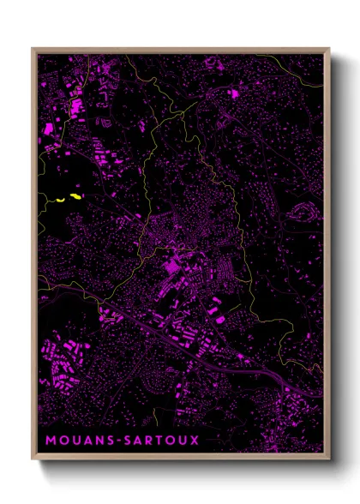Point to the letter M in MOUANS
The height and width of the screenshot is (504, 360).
click(x=50, y=441)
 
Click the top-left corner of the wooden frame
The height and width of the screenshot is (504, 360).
click(x=33, y=49)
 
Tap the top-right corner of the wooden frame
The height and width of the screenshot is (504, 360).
click(x=328, y=49)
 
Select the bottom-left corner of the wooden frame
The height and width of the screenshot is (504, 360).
click(x=33, y=458)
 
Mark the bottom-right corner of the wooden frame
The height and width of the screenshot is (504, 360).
click(x=328, y=458)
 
